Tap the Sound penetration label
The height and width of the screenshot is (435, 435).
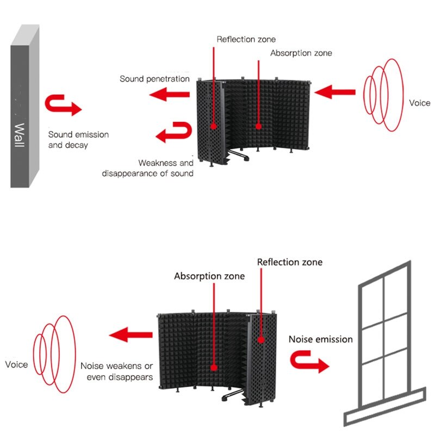click(154, 79)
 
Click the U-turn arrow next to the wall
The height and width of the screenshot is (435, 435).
click(64, 105)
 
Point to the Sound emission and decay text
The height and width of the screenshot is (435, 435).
click(78, 140)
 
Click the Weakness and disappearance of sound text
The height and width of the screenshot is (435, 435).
click(147, 168)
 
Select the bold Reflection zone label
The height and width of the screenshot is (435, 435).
click(289, 262)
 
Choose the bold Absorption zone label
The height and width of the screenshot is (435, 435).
click(209, 276)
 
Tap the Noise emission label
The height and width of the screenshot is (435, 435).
click(320, 339)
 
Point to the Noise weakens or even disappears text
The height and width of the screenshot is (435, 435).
click(116, 371)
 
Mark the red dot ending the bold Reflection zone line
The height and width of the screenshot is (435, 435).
click(261, 339)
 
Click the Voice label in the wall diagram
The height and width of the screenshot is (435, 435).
click(419, 103)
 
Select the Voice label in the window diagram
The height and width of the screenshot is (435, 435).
click(16, 364)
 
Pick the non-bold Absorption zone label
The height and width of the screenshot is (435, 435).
click(301, 53)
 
